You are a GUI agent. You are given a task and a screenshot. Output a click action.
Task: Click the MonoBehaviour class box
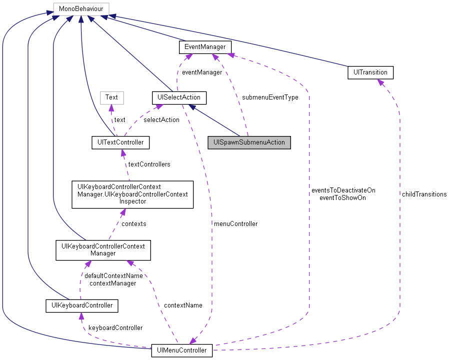point(80,8)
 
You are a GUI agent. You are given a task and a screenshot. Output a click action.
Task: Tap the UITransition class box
point(370,72)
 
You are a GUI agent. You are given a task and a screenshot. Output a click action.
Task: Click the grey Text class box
point(111,97)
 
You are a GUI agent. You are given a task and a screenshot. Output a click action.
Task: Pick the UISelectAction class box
point(178,97)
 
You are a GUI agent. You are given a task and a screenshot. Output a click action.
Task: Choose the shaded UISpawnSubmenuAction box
point(249,142)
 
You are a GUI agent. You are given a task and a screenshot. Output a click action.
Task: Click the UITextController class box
point(120,142)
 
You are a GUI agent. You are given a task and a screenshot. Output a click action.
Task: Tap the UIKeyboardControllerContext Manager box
point(103,249)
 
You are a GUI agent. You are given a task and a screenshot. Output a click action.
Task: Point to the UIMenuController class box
point(182,350)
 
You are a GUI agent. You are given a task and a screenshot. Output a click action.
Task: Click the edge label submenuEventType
point(270,97)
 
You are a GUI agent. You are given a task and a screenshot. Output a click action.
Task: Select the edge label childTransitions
point(423,194)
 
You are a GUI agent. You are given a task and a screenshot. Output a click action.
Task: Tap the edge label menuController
point(235,223)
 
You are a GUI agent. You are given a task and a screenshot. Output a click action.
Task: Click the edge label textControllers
point(149,164)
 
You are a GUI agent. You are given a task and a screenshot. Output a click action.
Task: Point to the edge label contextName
point(183,305)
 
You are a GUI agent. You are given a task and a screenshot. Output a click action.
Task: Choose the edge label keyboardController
point(115,327)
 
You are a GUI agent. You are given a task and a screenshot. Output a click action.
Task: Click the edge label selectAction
point(161,119)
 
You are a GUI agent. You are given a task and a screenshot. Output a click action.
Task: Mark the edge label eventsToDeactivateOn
point(342,190)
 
